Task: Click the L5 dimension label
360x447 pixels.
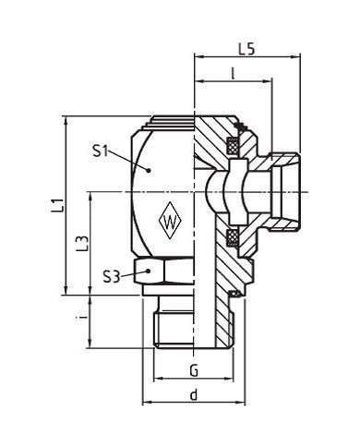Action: pyautogui.click(x=246, y=49)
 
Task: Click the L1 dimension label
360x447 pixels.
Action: pyautogui.click(x=57, y=205)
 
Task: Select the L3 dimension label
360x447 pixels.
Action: pyautogui.click(x=82, y=244)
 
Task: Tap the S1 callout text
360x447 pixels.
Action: pyautogui.click(x=101, y=151)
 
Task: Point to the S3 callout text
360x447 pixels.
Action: pyautogui.click(x=111, y=277)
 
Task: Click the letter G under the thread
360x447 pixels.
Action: pyautogui.click(x=194, y=370)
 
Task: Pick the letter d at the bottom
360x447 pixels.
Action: pyautogui.click(x=194, y=394)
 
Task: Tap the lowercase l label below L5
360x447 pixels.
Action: pyautogui.click(x=233, y=74)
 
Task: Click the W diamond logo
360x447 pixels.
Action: pyautogui.click(x=169, y=221)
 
